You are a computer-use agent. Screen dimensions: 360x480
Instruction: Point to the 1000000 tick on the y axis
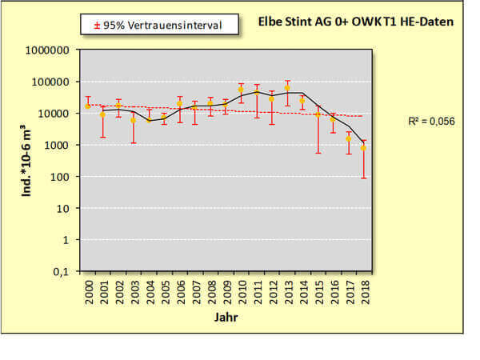pos(49,50)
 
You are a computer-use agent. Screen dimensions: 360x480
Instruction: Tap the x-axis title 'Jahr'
pos(225,318)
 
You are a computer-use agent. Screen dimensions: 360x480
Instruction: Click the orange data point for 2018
pos(363,148)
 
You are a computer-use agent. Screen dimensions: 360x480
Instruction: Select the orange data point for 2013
pos(287,88)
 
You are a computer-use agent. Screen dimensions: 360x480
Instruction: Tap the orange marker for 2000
pos(88,106)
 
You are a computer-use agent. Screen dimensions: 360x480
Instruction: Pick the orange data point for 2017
pos(348,138)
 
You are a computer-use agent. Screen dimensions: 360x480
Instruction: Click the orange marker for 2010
pos(241,90)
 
